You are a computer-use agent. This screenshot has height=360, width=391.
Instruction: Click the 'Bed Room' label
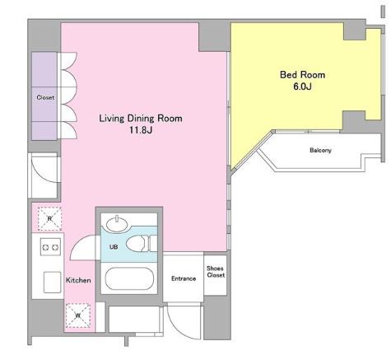pyautogui.click(x=302, y=75)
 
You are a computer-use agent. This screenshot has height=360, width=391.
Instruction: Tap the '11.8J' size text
pyautogui.click(x=141, y=130)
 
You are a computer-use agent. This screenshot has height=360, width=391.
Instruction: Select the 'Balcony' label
pyautogui.click(x=320, y=150)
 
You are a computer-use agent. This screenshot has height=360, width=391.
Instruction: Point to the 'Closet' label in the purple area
pyautogui.click(x=45, y=97)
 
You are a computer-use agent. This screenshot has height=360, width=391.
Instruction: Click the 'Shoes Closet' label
pyautogui.click(x=216, y=272)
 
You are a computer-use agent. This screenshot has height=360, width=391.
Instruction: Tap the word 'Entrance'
pyautogui.click(x=184, y=278)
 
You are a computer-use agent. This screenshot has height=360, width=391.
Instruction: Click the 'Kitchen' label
pyautogui.click(x=78, y=280)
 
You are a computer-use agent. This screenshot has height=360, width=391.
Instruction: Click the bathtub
pyautogui.click(x=129, y=278)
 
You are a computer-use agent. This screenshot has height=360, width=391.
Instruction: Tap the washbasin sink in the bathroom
pyautogui.click(x=117, y=224)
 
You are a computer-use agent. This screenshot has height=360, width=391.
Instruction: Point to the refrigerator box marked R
pyautogui.click(x=49, y=219)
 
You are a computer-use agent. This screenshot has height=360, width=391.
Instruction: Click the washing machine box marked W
pyautogui.click(x=78, y=316)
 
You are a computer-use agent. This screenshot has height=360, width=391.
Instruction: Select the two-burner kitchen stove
pyautogui.click(x=50, y=247)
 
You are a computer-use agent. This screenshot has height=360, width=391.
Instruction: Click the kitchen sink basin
pyautogui.click(x=53, y=283)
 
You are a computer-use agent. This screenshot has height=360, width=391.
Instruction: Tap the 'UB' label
pyautogui.click(x=114, y=247)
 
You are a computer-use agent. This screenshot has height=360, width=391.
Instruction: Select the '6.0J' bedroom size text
pyautogui.click(x=302, y=86)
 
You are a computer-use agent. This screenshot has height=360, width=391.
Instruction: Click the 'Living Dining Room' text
pyautogui.click(x=141, y=119)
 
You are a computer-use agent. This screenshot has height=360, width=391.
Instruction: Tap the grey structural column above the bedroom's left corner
pyautogui.click(x=214, y=36)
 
